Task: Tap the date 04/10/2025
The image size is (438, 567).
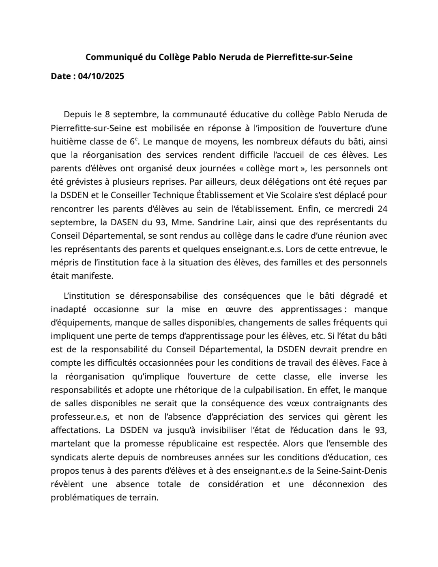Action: tap(101, 76)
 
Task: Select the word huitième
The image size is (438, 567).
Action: tap(68, 142)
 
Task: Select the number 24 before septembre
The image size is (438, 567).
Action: tap(382, 209)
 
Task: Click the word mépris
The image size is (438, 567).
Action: tap(63, 263)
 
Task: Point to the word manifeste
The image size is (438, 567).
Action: tap(92, 276)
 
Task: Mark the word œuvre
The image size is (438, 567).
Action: tap(238, 309)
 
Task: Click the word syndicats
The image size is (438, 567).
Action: tap(69, 457)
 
